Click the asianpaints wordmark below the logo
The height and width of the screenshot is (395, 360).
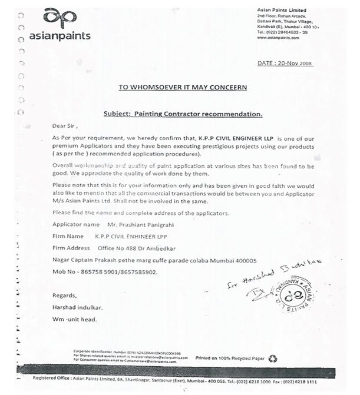click(60, 35)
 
